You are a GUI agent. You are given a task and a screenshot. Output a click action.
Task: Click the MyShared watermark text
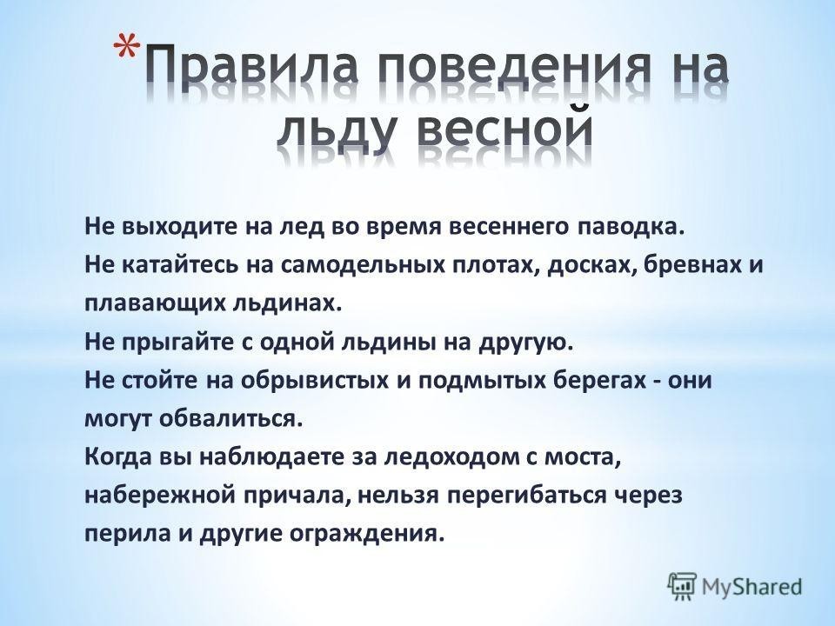coord(751,586)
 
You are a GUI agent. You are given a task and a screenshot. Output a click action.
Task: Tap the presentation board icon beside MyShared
coord(682,587)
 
